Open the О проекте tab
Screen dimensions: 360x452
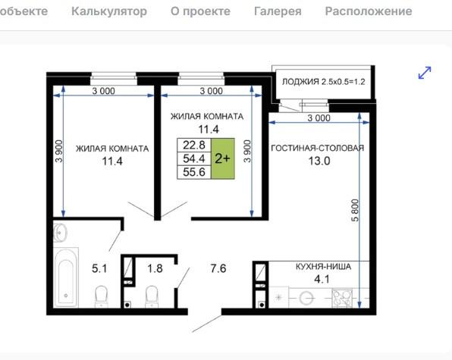(x=200, y=11)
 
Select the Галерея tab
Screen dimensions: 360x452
(x=277, y=11)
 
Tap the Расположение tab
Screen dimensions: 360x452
(x=369, y=11)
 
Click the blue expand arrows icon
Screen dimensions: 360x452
(x=425, y=73)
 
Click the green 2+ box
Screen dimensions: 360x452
(x=222, y=158)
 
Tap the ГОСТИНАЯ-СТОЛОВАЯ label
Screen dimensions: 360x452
(x=317, y=148)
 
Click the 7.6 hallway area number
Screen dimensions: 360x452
(x=219, y=268)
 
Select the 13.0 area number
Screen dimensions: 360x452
(x=317, y=161)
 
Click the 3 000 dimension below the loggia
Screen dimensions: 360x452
(x=319, y=118)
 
